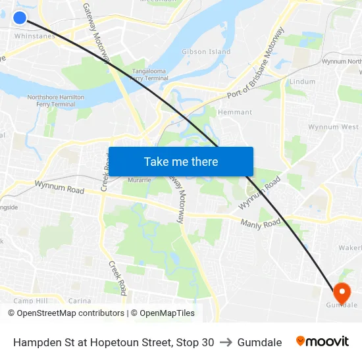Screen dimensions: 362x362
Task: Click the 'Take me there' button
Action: point(181,161)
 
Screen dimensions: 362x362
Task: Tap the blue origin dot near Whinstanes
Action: point(20,18)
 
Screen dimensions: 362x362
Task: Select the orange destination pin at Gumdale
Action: point(342,292)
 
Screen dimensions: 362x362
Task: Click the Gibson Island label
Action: point(206,51)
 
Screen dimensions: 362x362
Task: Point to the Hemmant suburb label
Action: point(235,113)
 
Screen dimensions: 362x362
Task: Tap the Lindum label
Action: point(302,82)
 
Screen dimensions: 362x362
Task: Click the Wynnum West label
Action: point(333,127)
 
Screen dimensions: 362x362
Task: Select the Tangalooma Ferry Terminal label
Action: point(149,74)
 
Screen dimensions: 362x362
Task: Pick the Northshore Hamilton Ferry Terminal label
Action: point(55,101)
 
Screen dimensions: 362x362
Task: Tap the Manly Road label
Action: point(261,224)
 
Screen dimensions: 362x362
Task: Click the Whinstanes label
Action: point(34,36)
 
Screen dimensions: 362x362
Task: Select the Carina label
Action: point(80,301)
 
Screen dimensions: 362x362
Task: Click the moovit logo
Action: point(322,342)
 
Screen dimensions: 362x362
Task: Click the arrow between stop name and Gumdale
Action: point(226,342)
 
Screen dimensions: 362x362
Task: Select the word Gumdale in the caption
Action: point(259,342)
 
